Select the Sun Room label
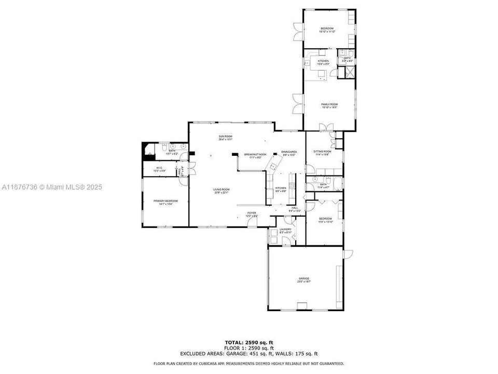point(225,138)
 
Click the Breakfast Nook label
point(255,155)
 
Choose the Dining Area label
point(288,153)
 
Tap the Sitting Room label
point(322,153)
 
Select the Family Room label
point(329,106)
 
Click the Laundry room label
point(285,230)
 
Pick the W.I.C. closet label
point(159,169)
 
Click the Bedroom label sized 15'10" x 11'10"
point(326,30)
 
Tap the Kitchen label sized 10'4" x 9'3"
point(323,62)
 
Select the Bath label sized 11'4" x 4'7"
point(323,185)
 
